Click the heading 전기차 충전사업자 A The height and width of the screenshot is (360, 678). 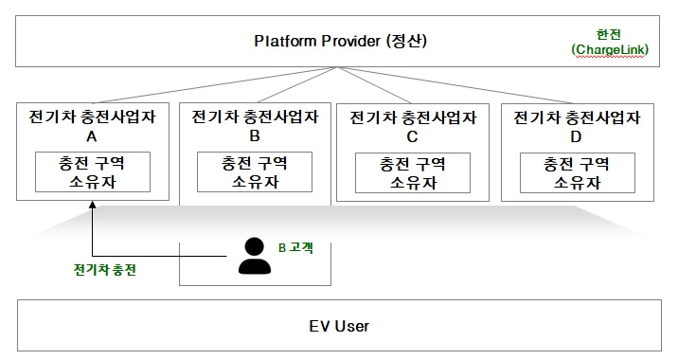coord(92,127)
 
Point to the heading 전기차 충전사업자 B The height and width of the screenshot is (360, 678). coord(254,127)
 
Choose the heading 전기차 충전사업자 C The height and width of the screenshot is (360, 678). coord(412,127)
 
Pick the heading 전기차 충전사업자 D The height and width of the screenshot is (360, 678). coord(576,127)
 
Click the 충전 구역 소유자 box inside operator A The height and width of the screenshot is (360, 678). coord(92,171)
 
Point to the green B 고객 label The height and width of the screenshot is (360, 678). coord(295,247)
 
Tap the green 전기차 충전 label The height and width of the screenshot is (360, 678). coord(104,270)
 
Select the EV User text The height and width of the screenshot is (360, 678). coord(338,326)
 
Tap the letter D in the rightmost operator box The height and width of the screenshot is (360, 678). coord(576,135)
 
